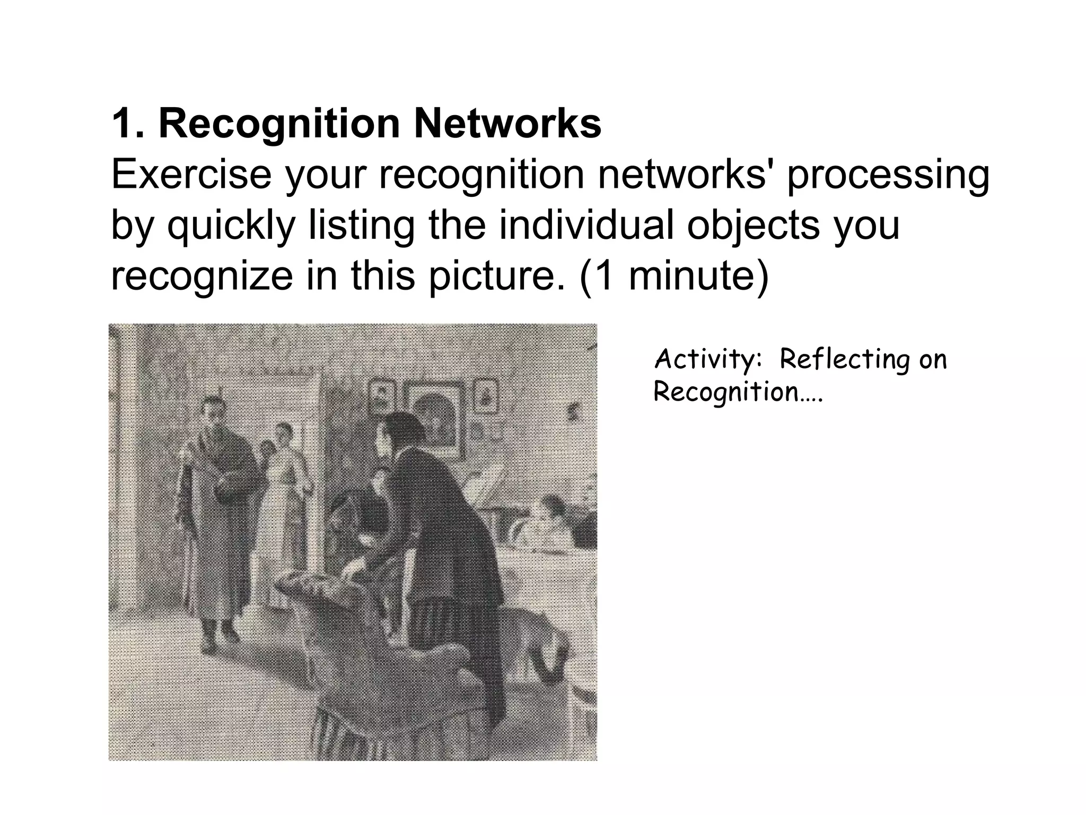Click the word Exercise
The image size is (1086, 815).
(x=191, y=175)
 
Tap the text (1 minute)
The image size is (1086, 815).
(x=673, y=277)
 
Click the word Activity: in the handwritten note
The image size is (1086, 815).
(x=708, y=360)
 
